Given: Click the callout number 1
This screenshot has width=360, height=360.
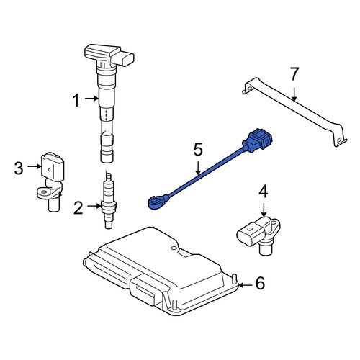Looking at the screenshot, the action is click(76, 100).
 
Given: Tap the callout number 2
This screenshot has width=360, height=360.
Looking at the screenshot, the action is click(78, 208).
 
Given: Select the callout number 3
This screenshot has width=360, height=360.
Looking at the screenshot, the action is click(19, 168).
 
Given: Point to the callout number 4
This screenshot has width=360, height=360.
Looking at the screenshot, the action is click(264, 192).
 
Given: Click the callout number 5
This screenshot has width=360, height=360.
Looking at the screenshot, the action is click(198, 150).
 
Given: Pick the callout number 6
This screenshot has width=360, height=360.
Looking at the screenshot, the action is click(260, 283).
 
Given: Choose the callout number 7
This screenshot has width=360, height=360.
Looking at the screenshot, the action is click(294, 74).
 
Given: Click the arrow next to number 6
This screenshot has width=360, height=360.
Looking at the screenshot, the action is click(246, 285).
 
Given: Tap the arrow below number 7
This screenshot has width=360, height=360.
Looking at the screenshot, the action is click(294, 94).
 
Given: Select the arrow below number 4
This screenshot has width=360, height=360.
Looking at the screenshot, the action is click(264, 210).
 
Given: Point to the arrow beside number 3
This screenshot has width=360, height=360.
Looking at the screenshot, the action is click(35, 166).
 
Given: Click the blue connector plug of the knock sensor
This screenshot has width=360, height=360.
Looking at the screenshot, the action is click(258, 141).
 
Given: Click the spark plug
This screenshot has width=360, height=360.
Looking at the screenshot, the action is click(109, 200).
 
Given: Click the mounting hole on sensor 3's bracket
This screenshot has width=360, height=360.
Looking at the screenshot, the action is click(44, 192).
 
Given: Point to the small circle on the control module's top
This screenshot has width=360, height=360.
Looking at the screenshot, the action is click(172, 248).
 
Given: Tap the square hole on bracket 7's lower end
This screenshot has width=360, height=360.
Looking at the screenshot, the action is click(339, 140).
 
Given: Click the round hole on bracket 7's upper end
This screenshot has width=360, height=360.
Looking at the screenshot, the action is click(248, 89).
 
